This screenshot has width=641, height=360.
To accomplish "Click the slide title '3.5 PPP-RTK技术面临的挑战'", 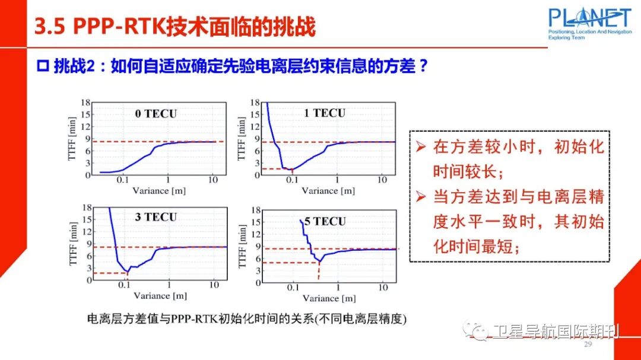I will tap(175, 27).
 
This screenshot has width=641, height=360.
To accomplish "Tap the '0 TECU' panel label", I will tap(156, 114).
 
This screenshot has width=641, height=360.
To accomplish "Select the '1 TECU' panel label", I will tap(324, 113).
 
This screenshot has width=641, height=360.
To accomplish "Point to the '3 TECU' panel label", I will tap(156, 217).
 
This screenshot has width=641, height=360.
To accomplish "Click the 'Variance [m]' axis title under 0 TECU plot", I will tap(160, 190).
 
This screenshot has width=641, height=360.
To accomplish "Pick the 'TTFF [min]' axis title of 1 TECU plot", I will tap(242, 139).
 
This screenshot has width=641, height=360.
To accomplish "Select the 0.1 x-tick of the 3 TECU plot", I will tap(124, 285).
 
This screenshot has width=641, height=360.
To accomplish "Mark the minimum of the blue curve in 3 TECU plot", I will tap(127, 272).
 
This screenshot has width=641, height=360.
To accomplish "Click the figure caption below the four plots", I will tap(246, 319).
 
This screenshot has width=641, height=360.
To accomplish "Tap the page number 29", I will tap(588, 345).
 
